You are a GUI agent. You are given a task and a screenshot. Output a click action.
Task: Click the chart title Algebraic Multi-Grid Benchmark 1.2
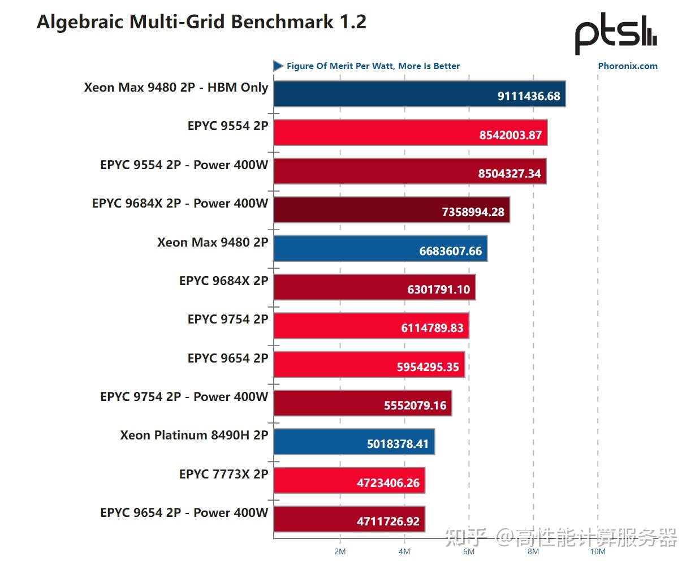coord(201,22)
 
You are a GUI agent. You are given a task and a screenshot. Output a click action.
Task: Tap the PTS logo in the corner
coord(615,33)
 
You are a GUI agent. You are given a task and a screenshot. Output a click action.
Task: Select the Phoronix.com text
coord(628,66)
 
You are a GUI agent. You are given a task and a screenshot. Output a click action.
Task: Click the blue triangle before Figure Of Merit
coord(278,66)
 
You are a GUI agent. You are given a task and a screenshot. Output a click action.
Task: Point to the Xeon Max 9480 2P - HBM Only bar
coord(420,94)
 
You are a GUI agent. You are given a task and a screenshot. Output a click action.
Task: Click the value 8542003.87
coord(510,135)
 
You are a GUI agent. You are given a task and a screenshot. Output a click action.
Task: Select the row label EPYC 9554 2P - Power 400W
coord(184,165)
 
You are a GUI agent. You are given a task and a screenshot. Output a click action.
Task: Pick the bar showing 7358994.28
coord(391,210)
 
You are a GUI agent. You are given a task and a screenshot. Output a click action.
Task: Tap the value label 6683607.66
coord(450,251)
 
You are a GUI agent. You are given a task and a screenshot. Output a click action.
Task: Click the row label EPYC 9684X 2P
coord(223,281)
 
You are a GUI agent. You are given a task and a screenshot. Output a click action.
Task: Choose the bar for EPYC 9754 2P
coord(371,326)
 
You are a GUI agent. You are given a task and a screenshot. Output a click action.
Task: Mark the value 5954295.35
coord(428,367)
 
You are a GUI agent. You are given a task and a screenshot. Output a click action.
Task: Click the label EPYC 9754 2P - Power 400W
coord(184,397)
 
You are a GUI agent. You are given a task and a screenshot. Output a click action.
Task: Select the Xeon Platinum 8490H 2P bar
coord(354,442)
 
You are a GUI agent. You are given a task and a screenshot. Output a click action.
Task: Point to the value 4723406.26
coord(388,483)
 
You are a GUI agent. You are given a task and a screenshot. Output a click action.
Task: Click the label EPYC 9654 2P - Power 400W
coord(184,513)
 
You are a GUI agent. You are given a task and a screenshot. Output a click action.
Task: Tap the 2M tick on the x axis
coord(339,551)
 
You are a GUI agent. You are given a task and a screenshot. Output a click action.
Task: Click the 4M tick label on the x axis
coord(404,551)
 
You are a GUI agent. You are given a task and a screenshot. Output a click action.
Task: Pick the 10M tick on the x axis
coord(598,551)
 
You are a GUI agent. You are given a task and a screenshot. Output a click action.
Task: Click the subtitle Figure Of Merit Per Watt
coord(373,66)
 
